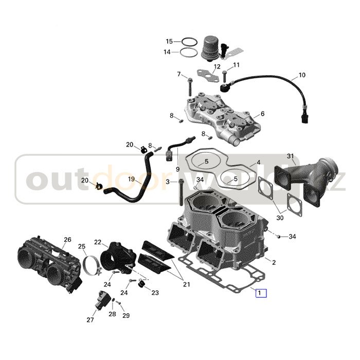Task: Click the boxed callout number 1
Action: tap(261, 293)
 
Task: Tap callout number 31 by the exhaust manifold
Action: tap(291, 156)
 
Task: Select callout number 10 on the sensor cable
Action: tap(302, 75)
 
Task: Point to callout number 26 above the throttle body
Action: tap(67, 240)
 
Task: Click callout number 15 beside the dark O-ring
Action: tap(169, 42)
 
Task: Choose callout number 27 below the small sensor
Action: tap(90, 319)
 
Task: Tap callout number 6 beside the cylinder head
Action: tap(262, 114)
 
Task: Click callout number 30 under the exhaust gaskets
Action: tap(280, 217)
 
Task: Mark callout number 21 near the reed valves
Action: tap(186, 284)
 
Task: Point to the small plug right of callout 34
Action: tap(278, 237)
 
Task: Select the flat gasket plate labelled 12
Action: tap(208, 76)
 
